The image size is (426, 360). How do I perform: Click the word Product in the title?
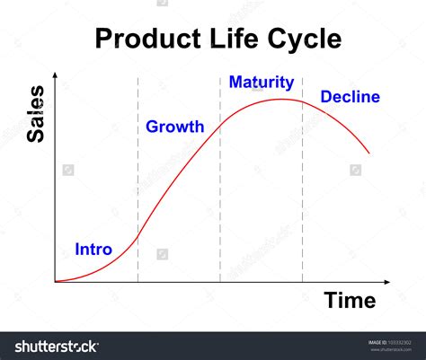point(148,39)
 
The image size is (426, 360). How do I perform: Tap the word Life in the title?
point(234,38)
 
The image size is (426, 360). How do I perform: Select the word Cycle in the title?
point(304,40)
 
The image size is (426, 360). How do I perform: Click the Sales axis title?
point(35,114)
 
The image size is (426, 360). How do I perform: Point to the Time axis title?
point(350,300)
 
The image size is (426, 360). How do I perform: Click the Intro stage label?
point(93,249)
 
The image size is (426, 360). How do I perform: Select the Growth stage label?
point(175,127)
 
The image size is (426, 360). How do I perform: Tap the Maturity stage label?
point(262,83)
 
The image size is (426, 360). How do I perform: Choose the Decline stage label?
point(351,97)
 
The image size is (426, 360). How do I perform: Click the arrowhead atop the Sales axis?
point(55,75)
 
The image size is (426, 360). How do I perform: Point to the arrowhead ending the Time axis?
point(387,282)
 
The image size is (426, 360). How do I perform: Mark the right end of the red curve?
point(369,154)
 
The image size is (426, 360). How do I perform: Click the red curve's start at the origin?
point(56,281)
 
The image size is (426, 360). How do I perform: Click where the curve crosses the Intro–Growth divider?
point(138,237)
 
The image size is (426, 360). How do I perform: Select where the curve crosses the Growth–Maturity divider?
point(220,125)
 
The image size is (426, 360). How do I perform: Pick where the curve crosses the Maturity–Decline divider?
point(302,102)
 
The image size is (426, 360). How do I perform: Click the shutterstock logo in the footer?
point(57,347)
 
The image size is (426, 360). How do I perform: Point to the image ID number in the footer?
point(399,343)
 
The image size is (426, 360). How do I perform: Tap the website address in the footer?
point(391,349)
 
